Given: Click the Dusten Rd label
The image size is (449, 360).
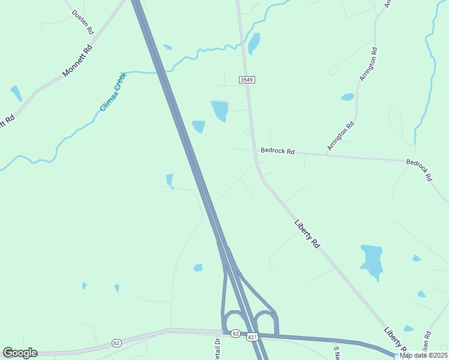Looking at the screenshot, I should coord(83,22).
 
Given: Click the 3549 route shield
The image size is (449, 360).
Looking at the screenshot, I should coord(246,79).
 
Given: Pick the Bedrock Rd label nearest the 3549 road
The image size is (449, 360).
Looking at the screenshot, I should coord(277,151).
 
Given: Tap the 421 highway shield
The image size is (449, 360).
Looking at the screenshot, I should coord(252,338).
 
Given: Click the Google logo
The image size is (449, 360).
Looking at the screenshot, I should coord(20,353).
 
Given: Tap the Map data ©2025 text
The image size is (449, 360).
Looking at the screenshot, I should coord(423,355).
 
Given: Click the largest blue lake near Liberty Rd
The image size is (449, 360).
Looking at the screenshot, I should coord(372,260).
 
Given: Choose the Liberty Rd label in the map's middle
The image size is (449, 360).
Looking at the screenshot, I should coord(307,233).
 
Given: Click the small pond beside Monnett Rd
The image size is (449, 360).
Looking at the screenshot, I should coord(16,93).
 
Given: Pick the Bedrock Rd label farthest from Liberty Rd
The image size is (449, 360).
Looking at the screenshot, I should coord(419,169).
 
